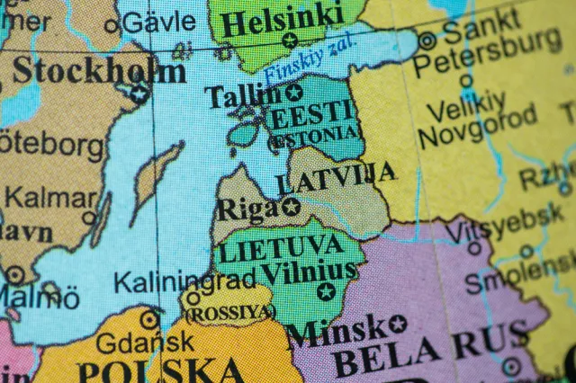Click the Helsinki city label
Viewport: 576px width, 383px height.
[282, 18]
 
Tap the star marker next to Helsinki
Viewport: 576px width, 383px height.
[290, 40]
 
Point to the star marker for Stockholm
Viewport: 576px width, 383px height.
[139, 92]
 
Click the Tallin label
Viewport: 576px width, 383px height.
[243, 95]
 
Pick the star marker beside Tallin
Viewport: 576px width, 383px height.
[294, 93]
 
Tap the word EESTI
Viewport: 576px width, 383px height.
[310, 116]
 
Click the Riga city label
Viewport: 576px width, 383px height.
[247, 209]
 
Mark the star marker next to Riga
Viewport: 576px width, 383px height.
[291, 208]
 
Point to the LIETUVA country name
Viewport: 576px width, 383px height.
[281, 246]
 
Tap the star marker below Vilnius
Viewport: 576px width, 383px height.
[325, 291]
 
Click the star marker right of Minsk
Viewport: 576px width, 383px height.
[398, 324]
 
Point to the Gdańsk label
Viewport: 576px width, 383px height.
[145, 342]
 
